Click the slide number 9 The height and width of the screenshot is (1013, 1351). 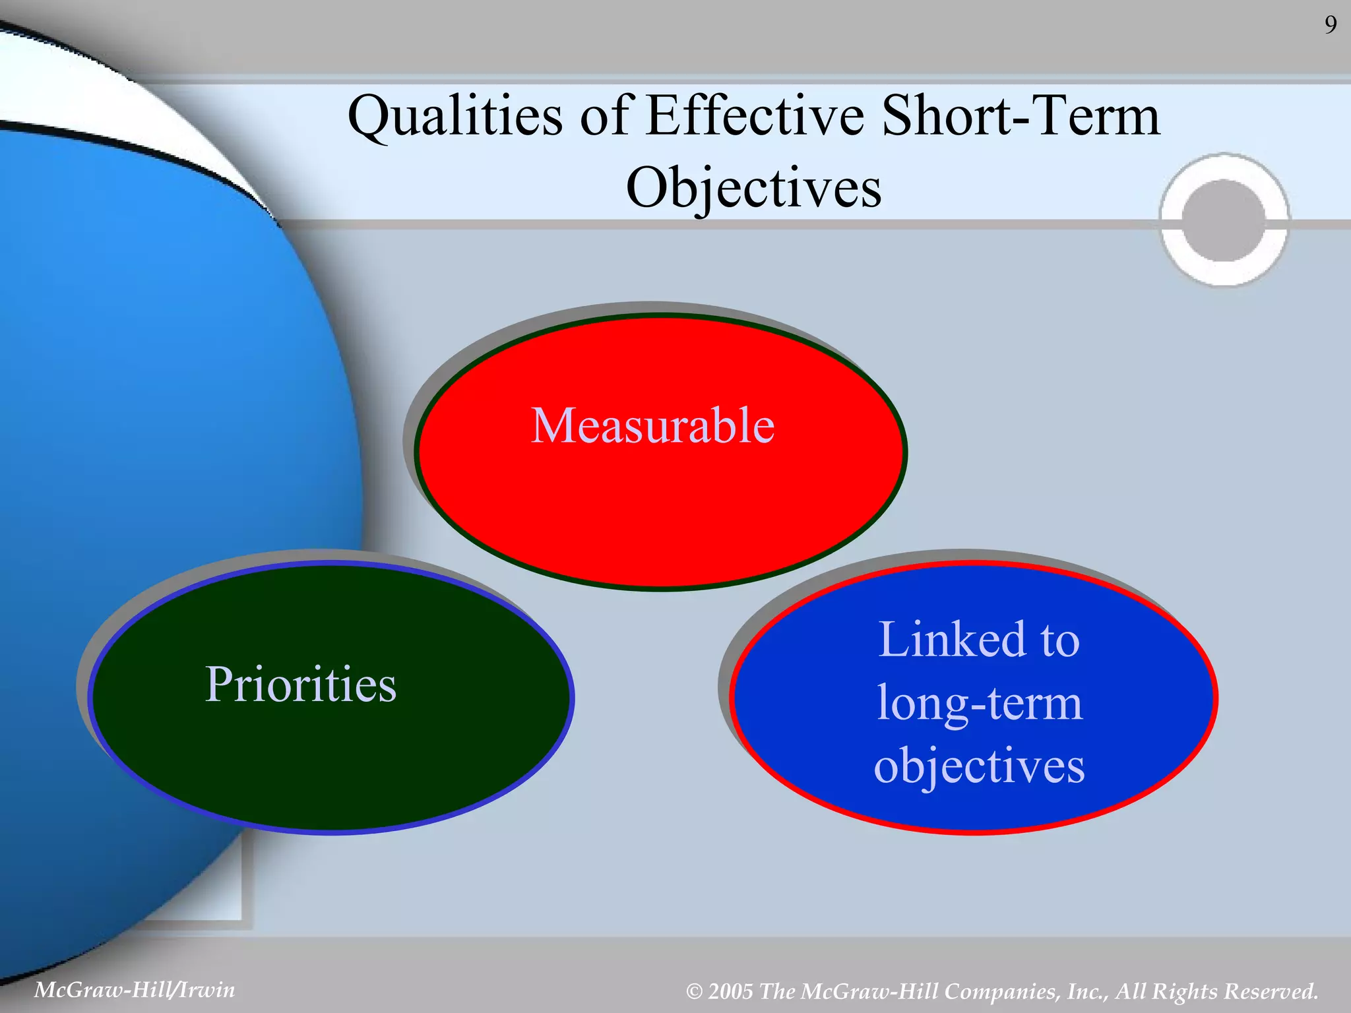click(x=1331, y=25)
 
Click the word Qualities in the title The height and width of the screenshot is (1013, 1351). click(x=455, y=116)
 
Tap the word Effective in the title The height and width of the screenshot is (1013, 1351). click(x=755, y=116)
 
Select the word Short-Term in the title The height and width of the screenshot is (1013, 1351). click(x=1020, y=116)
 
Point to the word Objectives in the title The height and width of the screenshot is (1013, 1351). click(x=753, y=188)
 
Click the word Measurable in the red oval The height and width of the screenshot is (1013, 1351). click(x=652, y=426)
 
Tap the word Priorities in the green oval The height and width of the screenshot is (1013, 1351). click(x=301, y=685)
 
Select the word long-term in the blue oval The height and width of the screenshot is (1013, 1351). click(x=980, y=704)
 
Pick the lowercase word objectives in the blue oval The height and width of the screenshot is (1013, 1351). click(x=980, y=767)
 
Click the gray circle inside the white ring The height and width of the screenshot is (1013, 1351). click(x=1224, y=220)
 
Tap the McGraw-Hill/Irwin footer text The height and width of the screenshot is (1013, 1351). click(x=135, y=990)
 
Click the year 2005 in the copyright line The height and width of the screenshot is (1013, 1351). click(x=730, y=991)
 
